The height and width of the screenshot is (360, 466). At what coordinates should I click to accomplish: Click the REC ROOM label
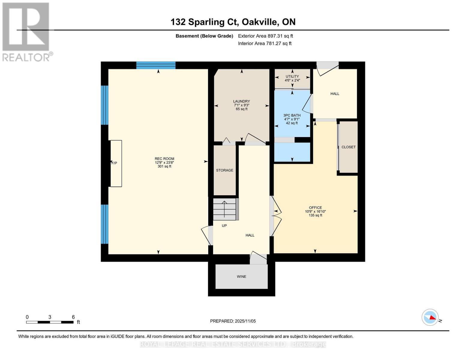tap(164, 159)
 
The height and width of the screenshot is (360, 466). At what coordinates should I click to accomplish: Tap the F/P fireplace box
tap(116, 163)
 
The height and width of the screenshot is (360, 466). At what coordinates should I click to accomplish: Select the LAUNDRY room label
tap(241, 101)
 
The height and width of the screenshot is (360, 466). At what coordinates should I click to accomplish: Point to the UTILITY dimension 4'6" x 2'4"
tap(292, 80)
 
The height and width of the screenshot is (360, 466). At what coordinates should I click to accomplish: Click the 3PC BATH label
tap(292, 115)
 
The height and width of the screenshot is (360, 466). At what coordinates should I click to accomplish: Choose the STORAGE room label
tap(224, 170)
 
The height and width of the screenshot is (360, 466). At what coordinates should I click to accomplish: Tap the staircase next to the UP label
tap(225, 209)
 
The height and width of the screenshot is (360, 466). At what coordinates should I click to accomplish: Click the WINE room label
tap(241, 277)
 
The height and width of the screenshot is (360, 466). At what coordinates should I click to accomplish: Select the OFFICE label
tap(315, 208)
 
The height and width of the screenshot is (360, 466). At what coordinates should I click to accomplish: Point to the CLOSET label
tap(348, 147)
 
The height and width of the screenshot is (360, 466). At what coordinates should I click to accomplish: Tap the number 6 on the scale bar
tap(73, 317)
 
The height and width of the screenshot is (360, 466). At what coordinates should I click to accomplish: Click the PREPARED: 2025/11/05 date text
tap(233, 321)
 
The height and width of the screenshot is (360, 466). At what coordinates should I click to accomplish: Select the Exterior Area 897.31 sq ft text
tap(265, 36)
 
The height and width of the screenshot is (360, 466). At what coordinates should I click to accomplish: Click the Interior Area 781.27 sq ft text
tap(265, 43)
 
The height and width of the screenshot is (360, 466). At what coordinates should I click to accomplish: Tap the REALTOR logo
tap(26, 32)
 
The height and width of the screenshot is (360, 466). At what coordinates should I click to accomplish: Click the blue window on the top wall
tap(156, 65)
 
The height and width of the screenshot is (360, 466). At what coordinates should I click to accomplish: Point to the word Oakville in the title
tap(260, 22)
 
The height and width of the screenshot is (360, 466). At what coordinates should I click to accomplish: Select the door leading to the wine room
tap(258, 258)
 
